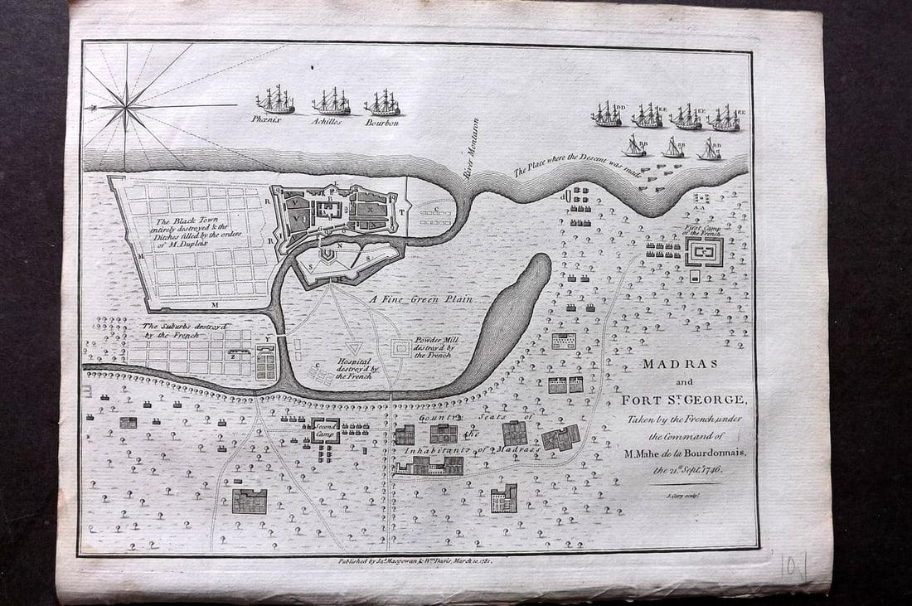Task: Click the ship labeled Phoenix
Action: click(275, 100)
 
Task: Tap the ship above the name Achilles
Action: click(331, 102)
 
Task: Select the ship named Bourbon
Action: click(382, 103)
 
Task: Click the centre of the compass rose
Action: click(127, 107)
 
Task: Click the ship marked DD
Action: click(607, 114)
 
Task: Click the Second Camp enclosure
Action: click(325, 428)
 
